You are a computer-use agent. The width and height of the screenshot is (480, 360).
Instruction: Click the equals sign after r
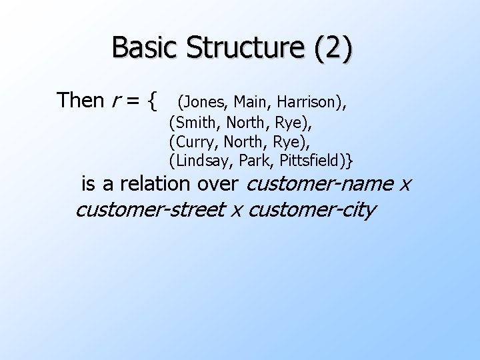pos(133,101)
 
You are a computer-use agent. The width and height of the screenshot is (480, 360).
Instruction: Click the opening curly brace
pos(153,101)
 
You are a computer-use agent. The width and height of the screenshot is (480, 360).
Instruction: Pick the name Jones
pos(204,102)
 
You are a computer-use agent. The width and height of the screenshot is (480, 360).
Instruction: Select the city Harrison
pos(307,102)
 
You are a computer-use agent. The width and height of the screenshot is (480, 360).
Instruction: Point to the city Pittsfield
pos(315,161)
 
